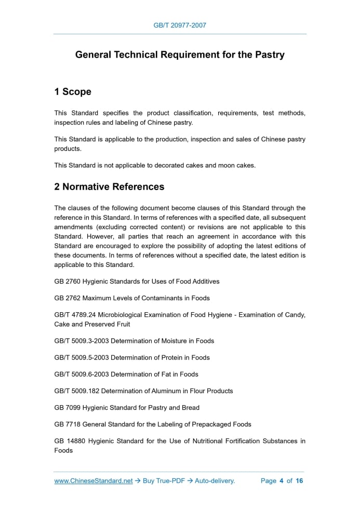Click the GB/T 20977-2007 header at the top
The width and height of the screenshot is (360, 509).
pyautogui.click(x=180, y=25)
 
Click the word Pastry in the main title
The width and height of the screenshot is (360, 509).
pyautogui.click(x=269, y=55)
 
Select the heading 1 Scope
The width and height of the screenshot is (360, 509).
pyautogui.click(x=73, y=92)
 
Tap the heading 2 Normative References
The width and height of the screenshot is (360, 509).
pyautogui.click(x=109, y=186)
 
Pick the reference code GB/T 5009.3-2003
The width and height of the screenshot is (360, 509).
pyautogui.click(x=82, y=341)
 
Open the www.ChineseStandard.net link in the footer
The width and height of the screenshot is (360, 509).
pyautogui.click(x=94, y=481)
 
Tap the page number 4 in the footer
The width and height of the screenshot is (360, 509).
pyautogui.click(x=281, y=481)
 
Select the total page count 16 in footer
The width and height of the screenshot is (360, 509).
pyautogui.click(x=299, y=481)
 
